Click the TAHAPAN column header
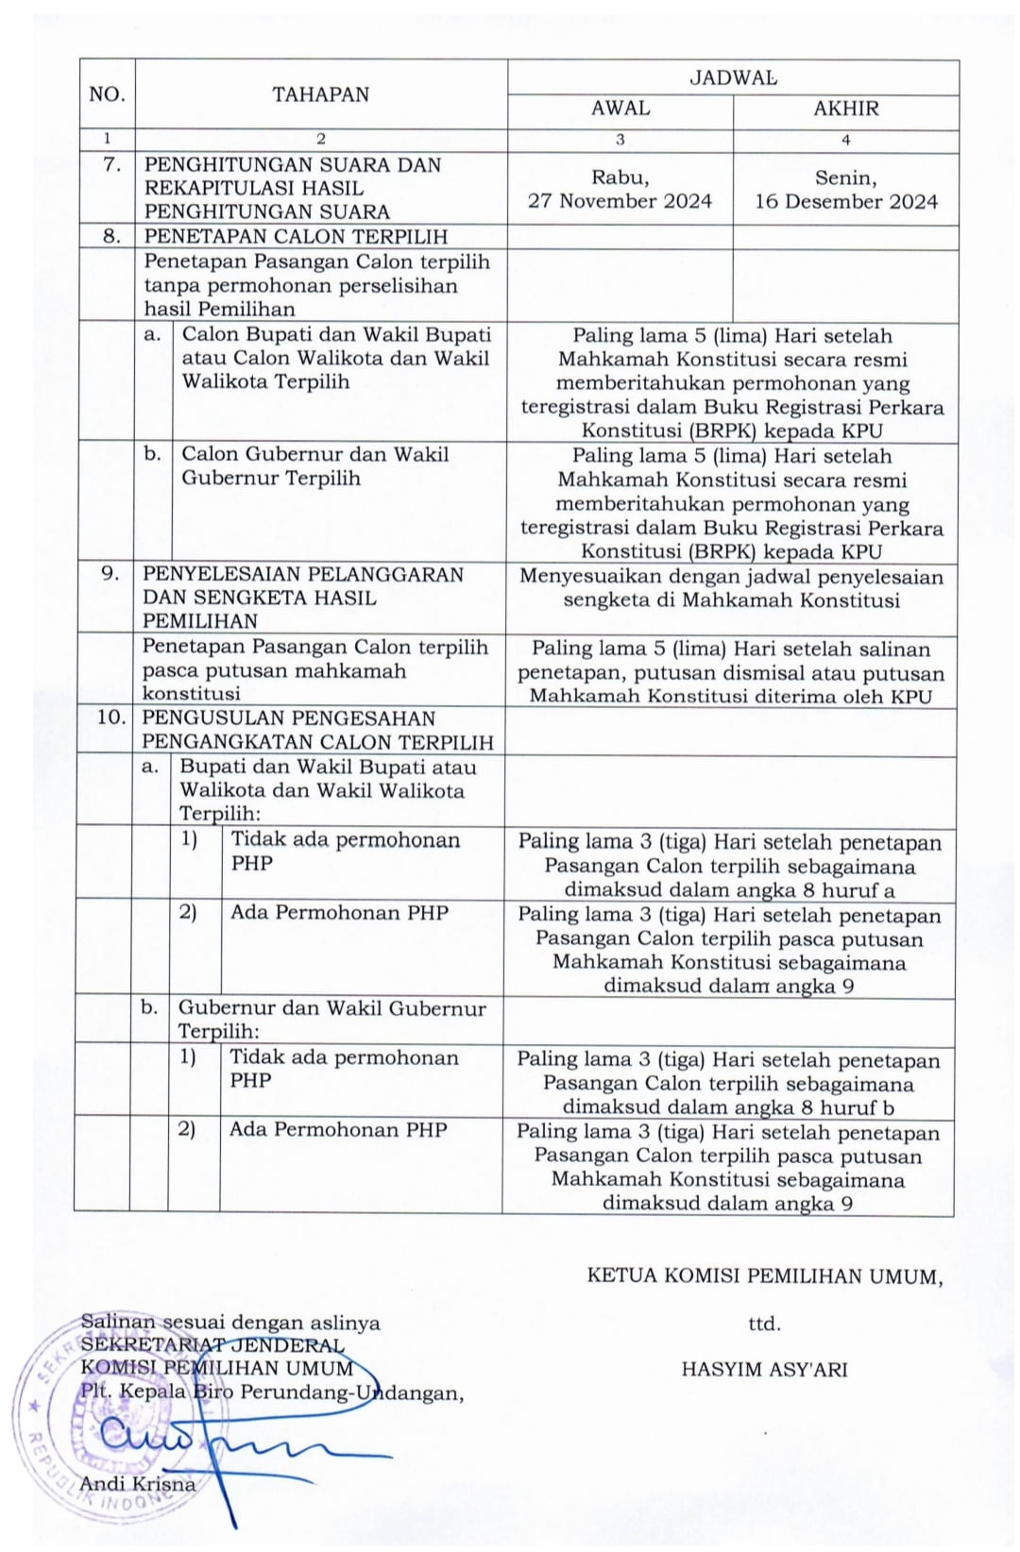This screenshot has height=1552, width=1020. tap(321, 94)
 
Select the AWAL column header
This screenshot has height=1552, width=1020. tap(620, 109)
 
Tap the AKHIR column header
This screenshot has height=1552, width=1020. tap(846, 109)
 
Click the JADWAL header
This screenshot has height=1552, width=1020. tap(733, 77)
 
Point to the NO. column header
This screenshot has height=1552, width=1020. tap(107, 94)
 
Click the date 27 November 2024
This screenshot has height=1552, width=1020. tap(620, 201)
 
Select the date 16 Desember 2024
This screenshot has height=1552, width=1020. tap(846, 202)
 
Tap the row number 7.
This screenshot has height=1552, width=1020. tap(112, 164)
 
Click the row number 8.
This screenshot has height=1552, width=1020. tap(112, 236)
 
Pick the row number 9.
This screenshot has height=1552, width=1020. tap(110, 574)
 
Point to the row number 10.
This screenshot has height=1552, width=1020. tap(110, 717)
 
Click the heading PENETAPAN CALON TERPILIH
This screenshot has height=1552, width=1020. tap(296, 237)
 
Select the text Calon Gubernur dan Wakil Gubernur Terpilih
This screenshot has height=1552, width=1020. tap(315, 465)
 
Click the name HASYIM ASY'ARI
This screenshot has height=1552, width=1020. tap(764, 1369)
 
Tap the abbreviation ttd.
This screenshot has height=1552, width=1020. tap(764, 1324)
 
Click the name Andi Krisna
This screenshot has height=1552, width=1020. tap(138, 1483)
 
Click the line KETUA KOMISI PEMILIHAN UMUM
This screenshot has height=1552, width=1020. tap(764, 1276)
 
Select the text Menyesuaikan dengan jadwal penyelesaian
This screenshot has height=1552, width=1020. tap(731, 577)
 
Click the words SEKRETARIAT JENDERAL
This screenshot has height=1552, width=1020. tap(212, 1345)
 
